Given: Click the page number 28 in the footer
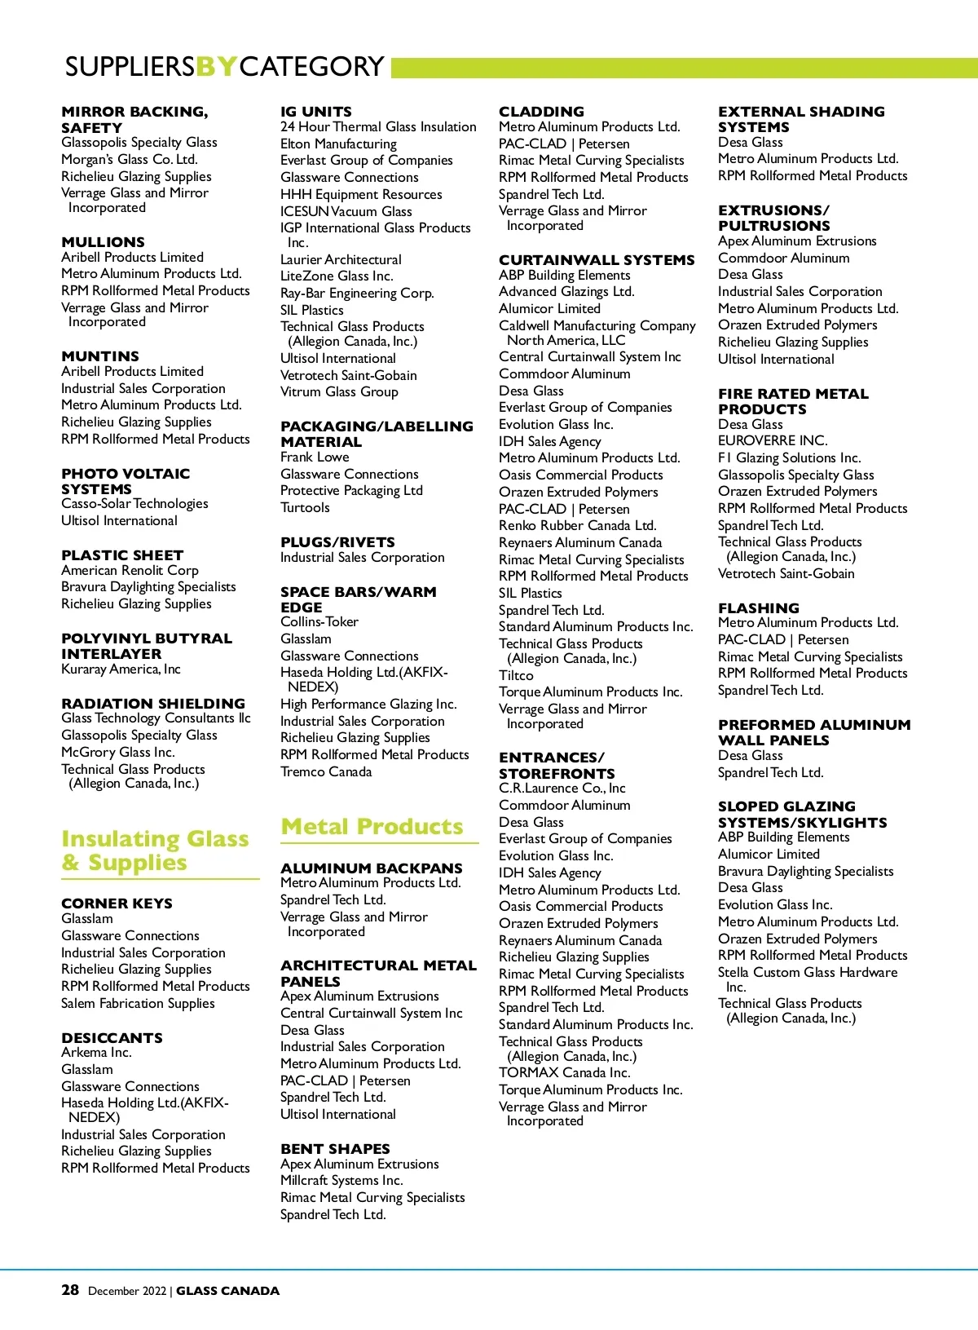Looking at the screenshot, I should pyautogui.click(x=70, y=1289).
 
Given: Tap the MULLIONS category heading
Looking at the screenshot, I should pyautogui.click(x=103, y=242).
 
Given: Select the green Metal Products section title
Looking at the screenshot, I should pyautogui.click(x=372, y=826).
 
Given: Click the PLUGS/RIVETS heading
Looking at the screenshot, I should pyautogui.click(x=337, y=542).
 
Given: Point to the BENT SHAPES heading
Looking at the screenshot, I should pyautogui.click(x=335, y=1148).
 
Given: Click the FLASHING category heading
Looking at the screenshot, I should pyautogui.click(x=758, y=608).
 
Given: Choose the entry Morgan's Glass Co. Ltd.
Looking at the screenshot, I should pyautogui.click(x=130, y=159).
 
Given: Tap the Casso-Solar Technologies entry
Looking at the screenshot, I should pyautogui.click(x=134, y=503).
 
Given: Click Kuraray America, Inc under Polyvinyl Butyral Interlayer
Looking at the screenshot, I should pyautogui.click(x=121, y=669).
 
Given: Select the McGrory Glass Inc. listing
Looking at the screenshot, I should pyautogui.click(x=117, y=752).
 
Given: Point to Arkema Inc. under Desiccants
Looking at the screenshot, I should pyautogui.click(x=96, y=1052).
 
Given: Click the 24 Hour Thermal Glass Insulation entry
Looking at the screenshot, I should pyautogui.click(x=378, y=126).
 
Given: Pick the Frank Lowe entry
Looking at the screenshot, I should pyautogui.click(x=315, y=457).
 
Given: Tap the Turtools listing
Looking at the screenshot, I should pyautogui.click(x=305, y=507).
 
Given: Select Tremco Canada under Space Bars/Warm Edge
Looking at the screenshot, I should pyautogui.click(x=326, y=771).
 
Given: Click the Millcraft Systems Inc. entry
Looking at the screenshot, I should pyautogui.click(x=341, y=1180).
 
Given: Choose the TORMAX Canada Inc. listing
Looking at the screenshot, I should pyautogui.click(x=564, y=1072).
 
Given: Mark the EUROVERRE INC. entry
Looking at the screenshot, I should pyautogui.click(x=772, y=440).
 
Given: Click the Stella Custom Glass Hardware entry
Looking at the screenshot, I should pyautogui.click(x=807, y=972).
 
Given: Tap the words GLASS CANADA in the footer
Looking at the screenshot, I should pyautogui.click(x=227, y=1291).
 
